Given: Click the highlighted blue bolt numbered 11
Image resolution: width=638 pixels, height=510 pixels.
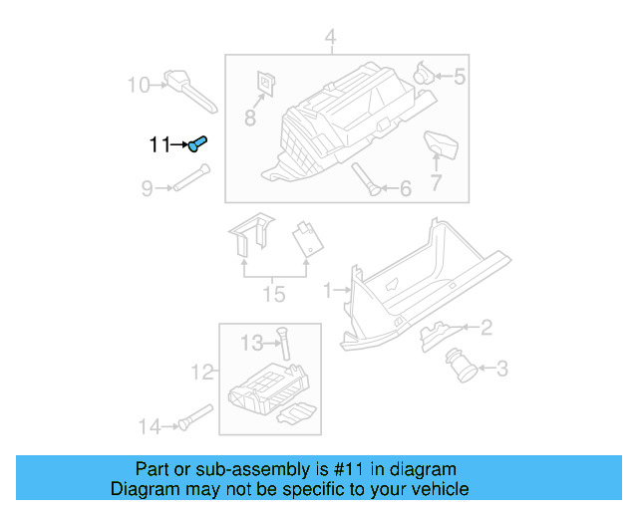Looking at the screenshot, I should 196,144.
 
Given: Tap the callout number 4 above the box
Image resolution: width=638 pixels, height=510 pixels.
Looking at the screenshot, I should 330,40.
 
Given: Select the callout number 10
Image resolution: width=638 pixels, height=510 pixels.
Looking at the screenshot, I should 138,85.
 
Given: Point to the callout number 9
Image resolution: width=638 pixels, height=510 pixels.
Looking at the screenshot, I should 147,187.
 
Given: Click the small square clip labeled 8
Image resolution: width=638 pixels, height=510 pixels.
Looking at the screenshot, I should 266,84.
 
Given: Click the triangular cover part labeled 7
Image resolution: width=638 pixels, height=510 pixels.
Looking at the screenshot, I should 441,145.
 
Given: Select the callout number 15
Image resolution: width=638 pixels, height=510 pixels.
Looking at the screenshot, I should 273,294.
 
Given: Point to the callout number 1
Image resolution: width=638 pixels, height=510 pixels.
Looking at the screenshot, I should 327,291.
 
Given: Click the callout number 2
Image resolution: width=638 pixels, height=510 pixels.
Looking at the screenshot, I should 485,327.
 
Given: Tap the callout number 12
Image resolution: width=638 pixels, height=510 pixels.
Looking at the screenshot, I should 202,373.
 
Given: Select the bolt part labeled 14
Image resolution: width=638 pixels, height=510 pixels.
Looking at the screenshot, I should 194,418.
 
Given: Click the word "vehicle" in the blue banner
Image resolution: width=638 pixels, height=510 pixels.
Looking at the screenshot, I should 433,489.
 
